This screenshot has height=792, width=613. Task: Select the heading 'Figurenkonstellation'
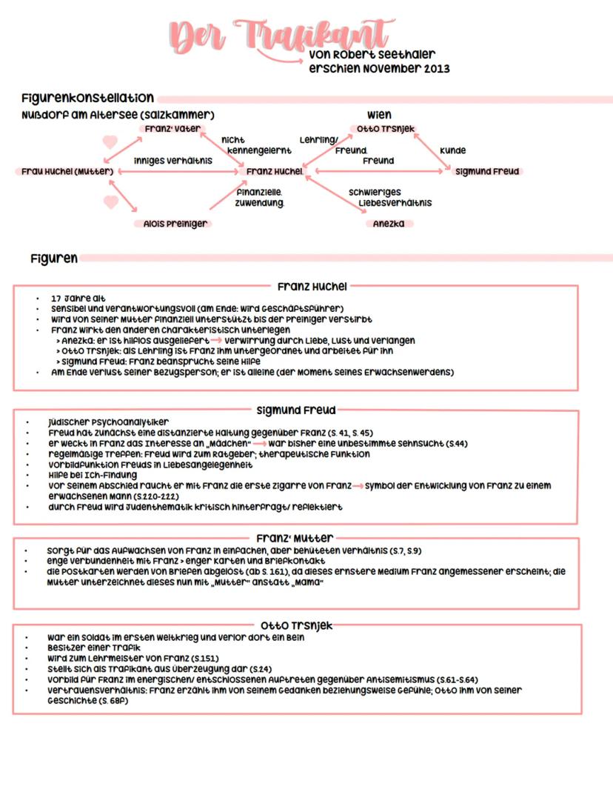(87, 98)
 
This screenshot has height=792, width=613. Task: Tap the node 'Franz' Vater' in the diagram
(167, 128)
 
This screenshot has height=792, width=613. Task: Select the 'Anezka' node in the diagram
(389, 223)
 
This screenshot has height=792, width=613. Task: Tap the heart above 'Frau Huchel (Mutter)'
(110, 142)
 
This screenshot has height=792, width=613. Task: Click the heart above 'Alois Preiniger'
(111, 202)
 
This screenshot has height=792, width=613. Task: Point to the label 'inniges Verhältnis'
(172, 160)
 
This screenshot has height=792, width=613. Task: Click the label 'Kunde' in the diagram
(452, 150)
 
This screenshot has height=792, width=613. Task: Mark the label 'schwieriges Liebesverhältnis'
(391, 197)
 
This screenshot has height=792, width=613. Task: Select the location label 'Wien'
(379, 115)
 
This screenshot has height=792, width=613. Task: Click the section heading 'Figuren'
(54, 259)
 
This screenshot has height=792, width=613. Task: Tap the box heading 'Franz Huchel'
(312, 286)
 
